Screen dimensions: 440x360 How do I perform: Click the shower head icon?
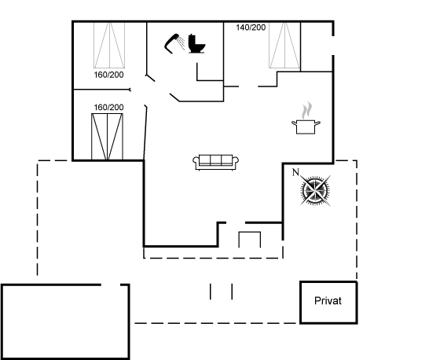(171, 43)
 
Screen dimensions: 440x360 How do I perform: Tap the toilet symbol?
(196, 44)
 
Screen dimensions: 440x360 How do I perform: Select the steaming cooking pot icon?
(306, 118)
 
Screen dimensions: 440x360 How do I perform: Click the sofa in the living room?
(215, 162)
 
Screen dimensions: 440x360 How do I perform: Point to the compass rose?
(315, 191)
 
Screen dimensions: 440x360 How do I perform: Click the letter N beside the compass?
(295, 172)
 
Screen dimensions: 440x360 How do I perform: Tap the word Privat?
(328, 301)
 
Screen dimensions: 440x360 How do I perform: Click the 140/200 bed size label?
(251, 28)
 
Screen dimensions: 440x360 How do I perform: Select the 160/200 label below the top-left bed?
(108, 75)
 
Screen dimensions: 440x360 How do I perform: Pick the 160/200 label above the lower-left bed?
(108, 107)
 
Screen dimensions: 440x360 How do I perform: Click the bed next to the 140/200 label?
(284, 46)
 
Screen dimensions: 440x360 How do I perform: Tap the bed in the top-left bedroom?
(109, 45)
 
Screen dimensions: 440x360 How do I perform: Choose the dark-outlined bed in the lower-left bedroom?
(107, 137)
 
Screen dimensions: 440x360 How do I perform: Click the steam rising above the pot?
(307, 110)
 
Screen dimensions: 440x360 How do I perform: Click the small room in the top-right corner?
(317, 46)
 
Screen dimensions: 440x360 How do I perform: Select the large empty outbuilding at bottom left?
(65, 321)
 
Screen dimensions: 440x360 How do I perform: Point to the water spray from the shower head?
(181, 42)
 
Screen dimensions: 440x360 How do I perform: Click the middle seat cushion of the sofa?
(215, 160)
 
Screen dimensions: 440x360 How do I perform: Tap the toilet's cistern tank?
(192, 39)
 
